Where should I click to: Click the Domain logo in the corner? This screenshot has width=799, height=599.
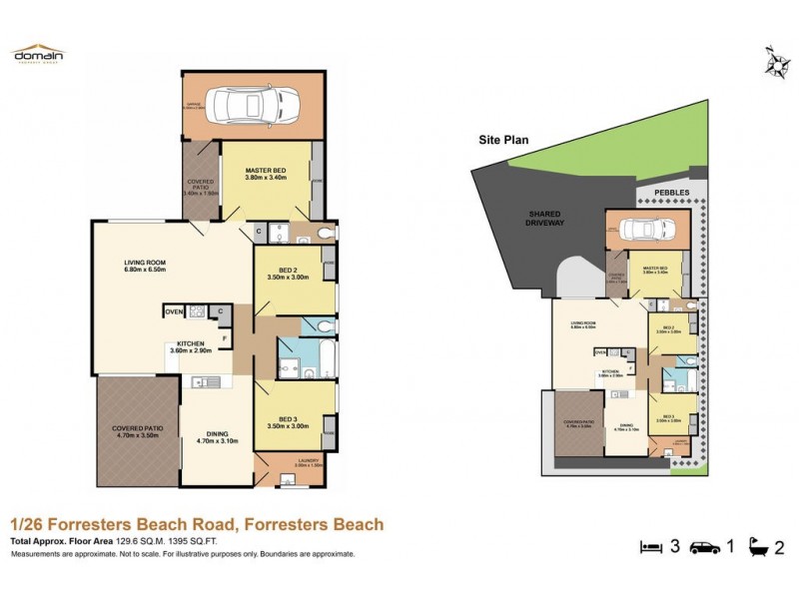tap(37, 54)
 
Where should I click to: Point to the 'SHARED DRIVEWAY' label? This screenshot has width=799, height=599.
tap(546, 218)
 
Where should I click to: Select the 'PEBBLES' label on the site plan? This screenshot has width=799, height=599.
tap(673, 192)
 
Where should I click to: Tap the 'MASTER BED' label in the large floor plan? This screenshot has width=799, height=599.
tap(266, 172)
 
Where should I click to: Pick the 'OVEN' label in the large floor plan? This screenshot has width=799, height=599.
tap(175, 311)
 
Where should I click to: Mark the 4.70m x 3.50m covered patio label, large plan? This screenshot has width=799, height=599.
tap(138, 432)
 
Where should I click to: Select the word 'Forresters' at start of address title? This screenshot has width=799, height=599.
tap(87, 524)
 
